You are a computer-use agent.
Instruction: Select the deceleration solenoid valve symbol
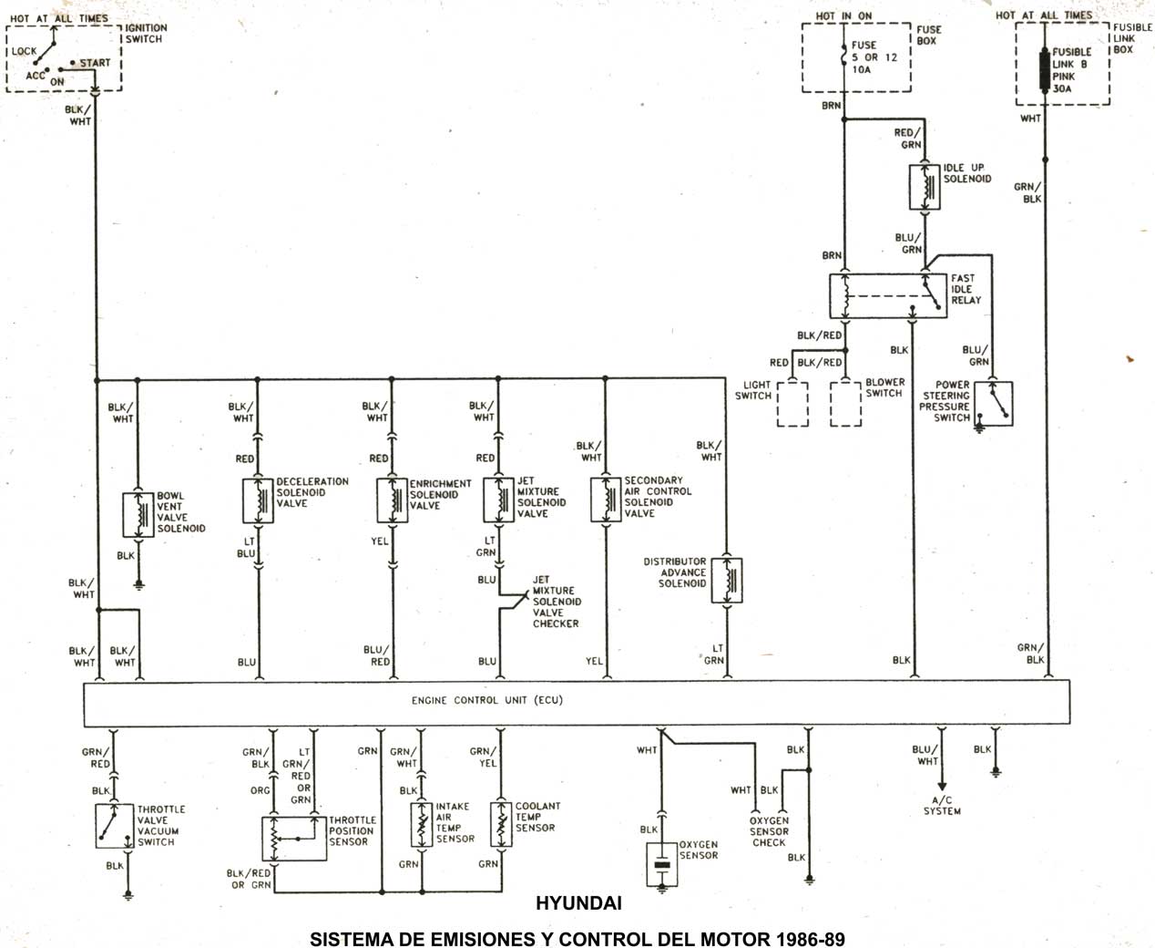(258, 500)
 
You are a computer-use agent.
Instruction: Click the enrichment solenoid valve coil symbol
(393, 500)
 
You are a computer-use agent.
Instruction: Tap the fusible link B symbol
(1044, 70)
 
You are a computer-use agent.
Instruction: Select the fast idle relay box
(887, 295)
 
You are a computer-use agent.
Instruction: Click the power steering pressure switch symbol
(993, 402)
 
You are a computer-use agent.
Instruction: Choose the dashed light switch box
(792, 404)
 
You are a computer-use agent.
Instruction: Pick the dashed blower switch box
(845, 404)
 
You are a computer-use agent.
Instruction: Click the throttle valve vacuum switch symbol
(113, 826)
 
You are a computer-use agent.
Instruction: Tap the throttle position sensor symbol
(293, 838)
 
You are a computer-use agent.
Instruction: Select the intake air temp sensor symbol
(420, 824)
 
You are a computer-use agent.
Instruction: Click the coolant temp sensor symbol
(499, 824)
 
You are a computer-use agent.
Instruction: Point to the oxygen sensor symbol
(662, 863)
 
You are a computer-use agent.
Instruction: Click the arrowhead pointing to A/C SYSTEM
(942, 789)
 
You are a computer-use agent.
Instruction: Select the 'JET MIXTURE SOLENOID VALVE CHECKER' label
(556, 602)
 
